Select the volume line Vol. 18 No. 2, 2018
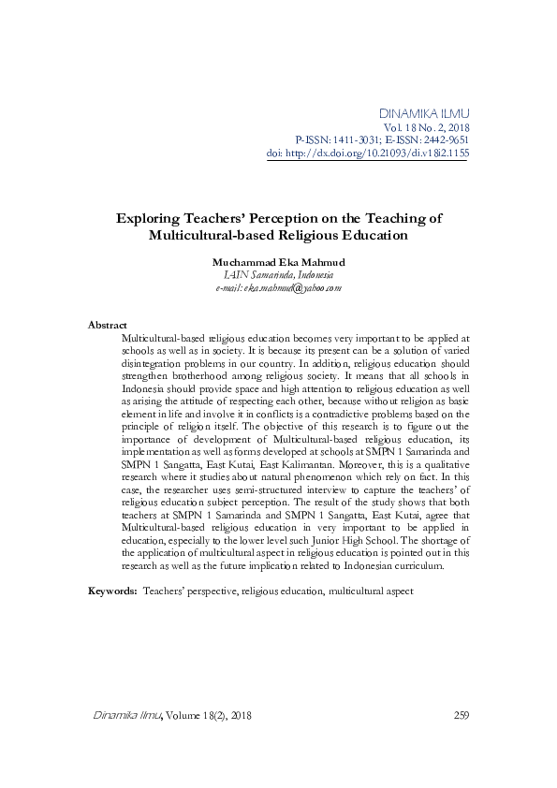pyautogui.click(x=426, y=127)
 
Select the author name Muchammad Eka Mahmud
pyautogui.click(x=278, y=263)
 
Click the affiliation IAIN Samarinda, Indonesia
pyautogui.click(x=278, y=275)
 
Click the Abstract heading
pyautogui.click(x=107, y=324)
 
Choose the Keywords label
pyautogui.click(x=112, y=591)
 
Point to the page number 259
pyautogui.click(x=460, y=716)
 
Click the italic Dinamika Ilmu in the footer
pyautogui.click(x=128, y=716)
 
